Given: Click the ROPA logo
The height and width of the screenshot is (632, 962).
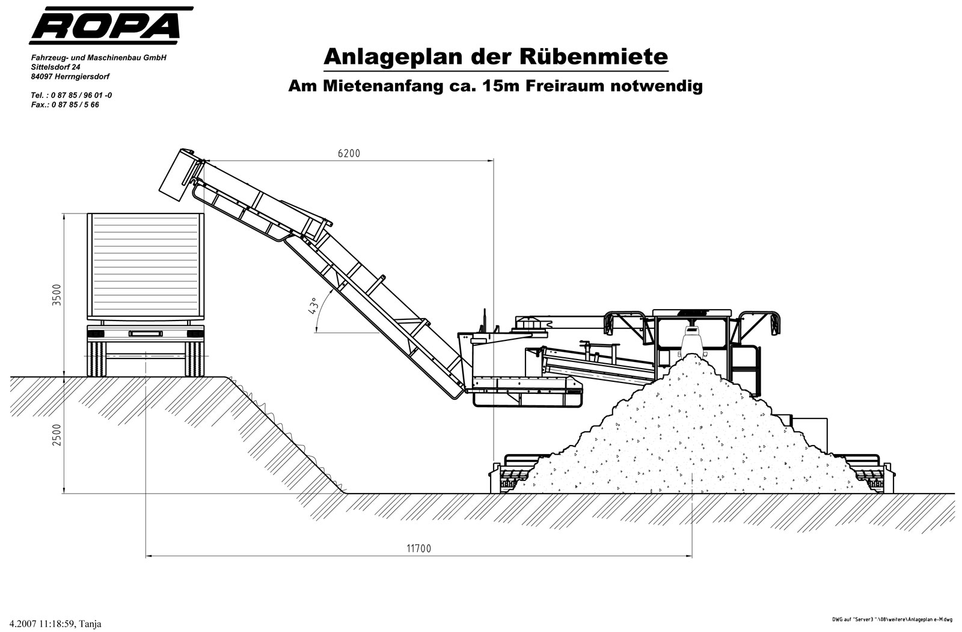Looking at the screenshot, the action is (111, 25).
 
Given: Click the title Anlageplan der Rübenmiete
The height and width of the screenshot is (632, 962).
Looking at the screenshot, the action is (496, 57).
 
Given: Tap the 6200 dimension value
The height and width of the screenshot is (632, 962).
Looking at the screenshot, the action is (349, 153).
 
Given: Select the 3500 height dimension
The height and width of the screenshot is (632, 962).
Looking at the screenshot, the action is (57, 295).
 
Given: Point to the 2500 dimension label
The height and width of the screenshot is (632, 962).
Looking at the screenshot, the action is (57, 435).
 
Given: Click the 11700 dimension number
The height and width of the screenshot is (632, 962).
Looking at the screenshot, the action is (418, 548).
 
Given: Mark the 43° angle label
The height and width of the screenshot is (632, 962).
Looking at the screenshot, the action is (313, 305).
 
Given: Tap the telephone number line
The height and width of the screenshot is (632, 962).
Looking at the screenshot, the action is (72, 95).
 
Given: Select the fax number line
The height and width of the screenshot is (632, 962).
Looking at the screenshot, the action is (65, 105).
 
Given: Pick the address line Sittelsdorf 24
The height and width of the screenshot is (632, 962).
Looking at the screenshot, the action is (55, 67).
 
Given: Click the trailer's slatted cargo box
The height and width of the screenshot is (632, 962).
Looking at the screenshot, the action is (145, 266).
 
